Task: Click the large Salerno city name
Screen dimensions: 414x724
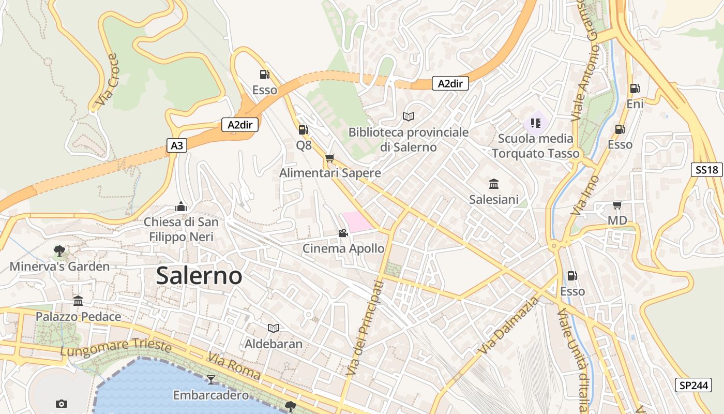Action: (x=199, y=276)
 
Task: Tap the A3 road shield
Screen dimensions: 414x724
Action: (x=177, y=145)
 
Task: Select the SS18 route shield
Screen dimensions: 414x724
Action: (x=706, y=170)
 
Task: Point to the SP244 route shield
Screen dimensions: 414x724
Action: (x=693, y=385)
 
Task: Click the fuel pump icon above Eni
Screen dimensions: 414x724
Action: (x=635, y=88)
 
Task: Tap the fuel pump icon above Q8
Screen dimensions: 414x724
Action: (x=304, y=130)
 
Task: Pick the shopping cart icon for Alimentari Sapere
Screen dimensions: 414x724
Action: (x=330, y=158)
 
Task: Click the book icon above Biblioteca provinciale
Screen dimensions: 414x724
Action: (x=409, y=116)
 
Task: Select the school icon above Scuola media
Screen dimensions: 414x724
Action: (x=535, y=123)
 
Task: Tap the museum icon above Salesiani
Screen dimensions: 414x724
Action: (x=494, y=184)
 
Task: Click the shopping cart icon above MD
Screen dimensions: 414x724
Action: (x=617, y=205)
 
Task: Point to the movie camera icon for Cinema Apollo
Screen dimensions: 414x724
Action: (x=343, y=233)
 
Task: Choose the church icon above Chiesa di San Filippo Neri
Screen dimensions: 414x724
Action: (x=181, y=206)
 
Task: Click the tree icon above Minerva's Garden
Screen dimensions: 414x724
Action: (x=59, y=251)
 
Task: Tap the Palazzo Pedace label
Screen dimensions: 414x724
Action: (x=78, y=317)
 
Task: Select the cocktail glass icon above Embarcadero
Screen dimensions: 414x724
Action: (x=210, y=380)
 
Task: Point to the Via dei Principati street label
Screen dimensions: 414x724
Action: (x=365, y=328)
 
